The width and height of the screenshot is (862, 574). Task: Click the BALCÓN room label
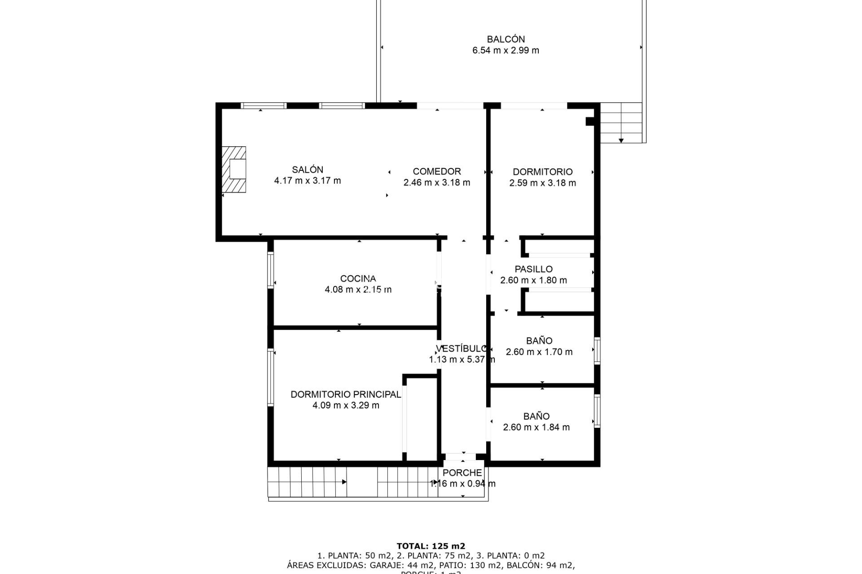point(506,39)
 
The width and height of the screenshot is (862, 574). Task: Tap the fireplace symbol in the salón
point(234,170)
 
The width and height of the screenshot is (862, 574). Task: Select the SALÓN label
point(308,170)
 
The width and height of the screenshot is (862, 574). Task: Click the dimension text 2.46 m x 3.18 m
point(436,183)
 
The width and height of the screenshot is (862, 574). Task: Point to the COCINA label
point(358,278)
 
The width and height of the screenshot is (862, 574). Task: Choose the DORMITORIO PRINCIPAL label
point(346,394)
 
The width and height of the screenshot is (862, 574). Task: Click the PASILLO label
point(533,269)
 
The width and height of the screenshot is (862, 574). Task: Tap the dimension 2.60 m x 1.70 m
point(539,352)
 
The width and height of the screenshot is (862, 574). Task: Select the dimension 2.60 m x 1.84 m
point(536,427)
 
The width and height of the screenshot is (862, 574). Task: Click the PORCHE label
point(462,473)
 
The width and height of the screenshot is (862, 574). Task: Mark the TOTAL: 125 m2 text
point(431,546)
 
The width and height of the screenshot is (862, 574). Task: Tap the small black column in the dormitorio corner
point(590,121)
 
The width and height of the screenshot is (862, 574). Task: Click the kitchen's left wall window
point(271,270)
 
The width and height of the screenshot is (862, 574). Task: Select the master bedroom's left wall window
point(271,378)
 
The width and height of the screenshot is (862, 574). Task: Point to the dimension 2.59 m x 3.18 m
point(542,183)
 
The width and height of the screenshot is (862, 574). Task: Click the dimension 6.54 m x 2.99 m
point(506,50)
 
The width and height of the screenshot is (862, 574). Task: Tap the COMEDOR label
point(436,171)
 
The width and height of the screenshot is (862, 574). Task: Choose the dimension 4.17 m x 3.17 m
point(308,181)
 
